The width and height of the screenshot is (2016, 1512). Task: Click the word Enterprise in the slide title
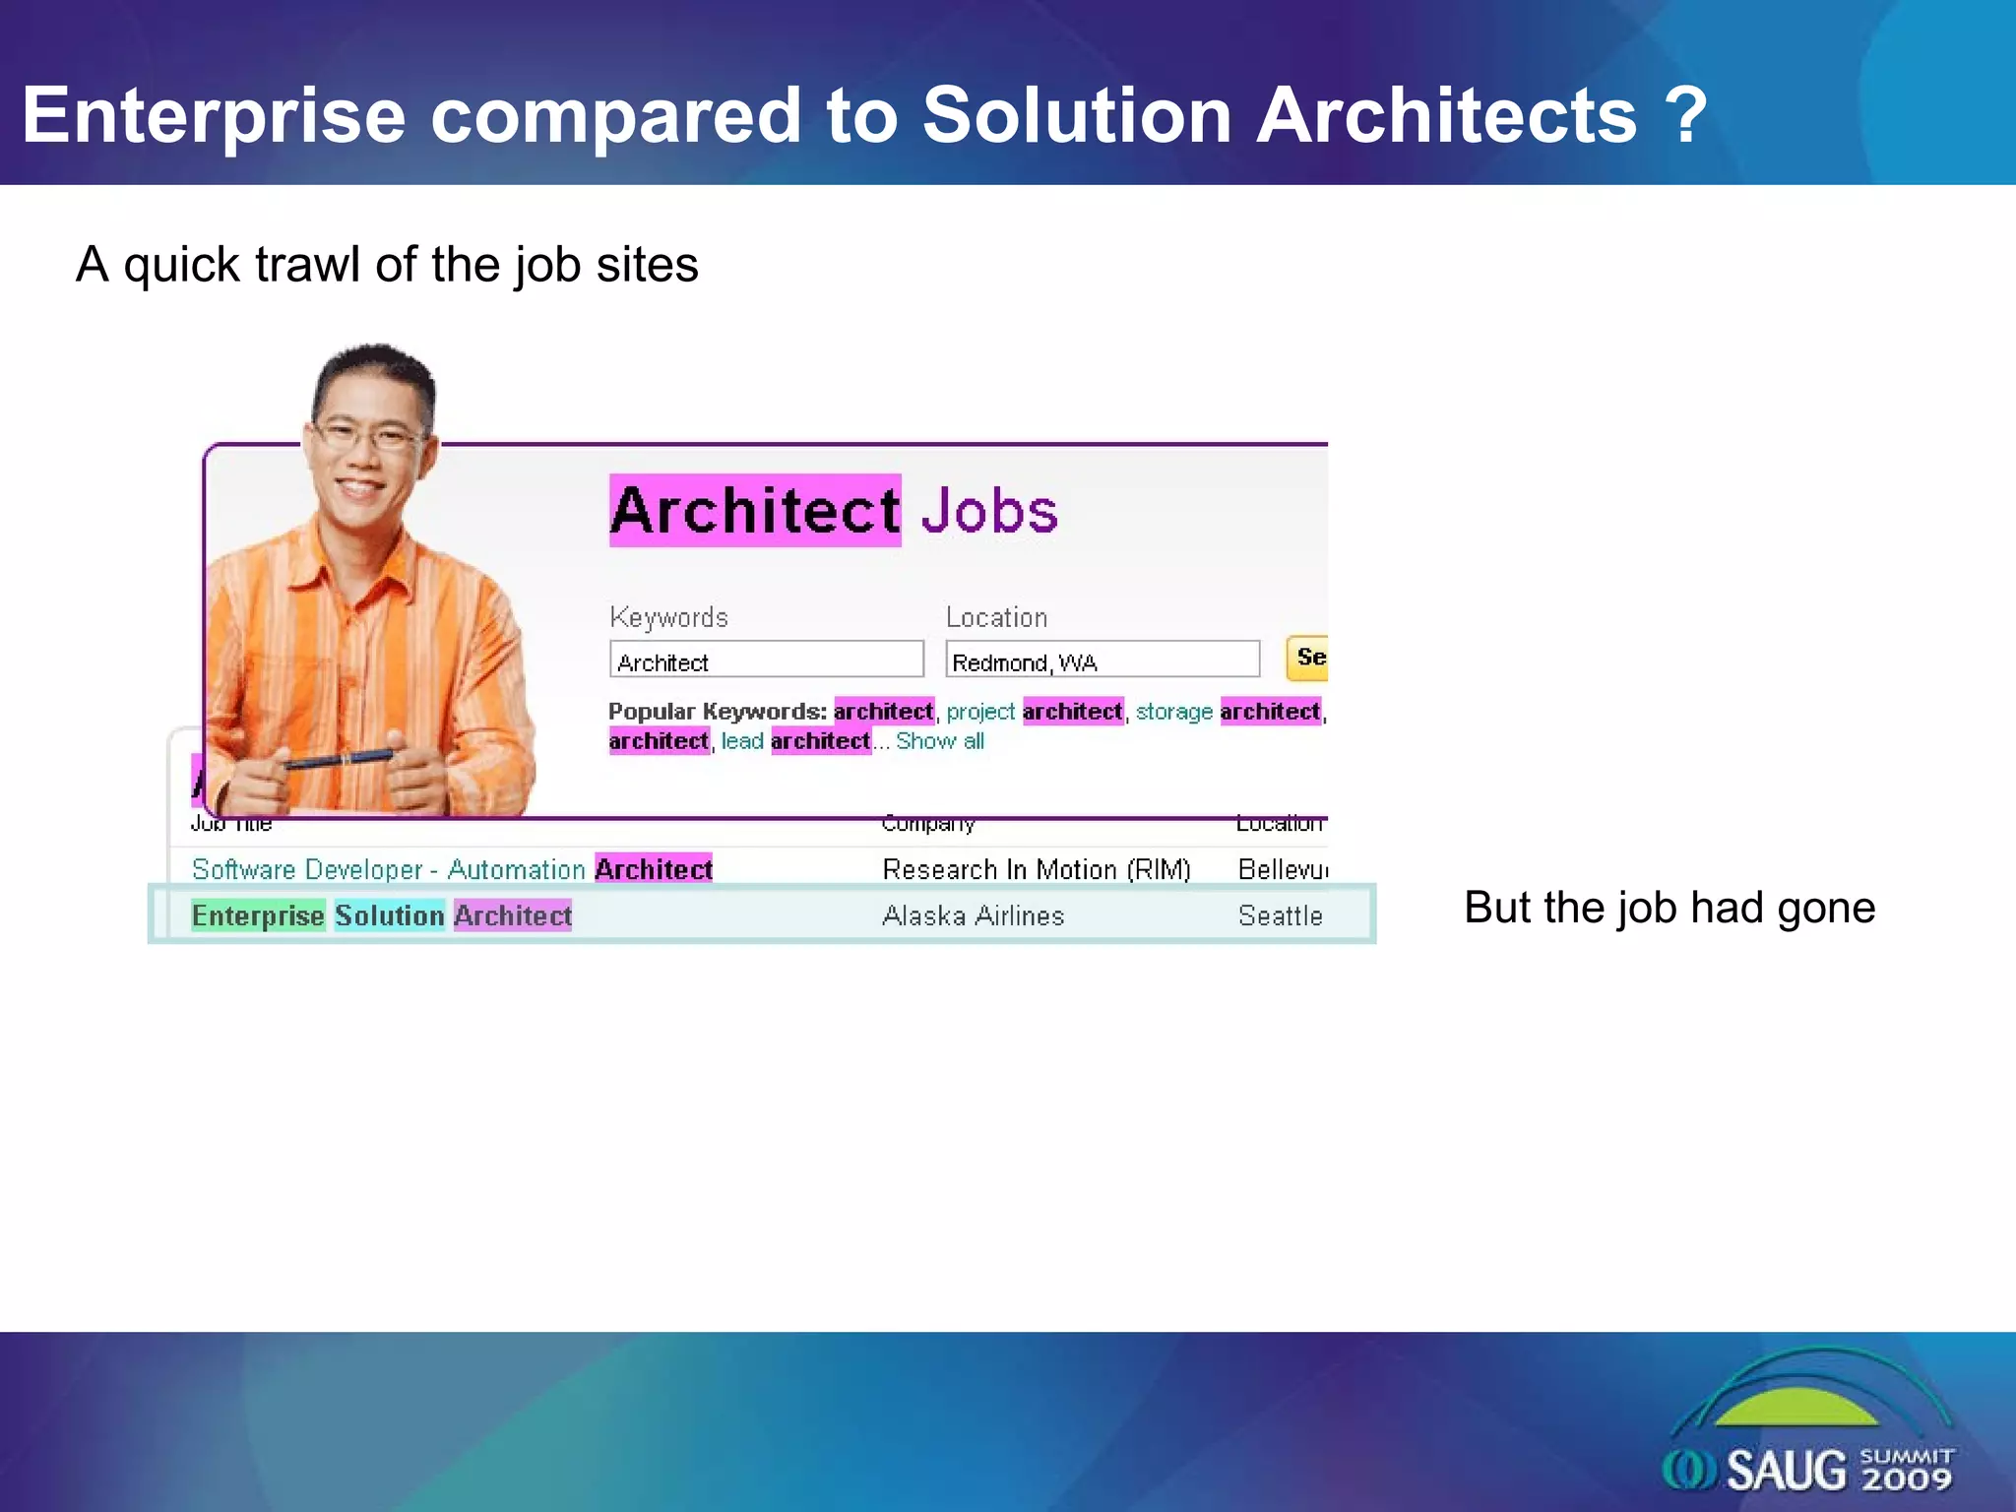click(214, 116)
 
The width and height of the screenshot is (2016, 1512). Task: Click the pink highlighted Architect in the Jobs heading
click(755, 511)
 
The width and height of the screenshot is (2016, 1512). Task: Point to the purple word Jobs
click(989, 511)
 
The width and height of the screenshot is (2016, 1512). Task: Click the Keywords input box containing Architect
click(766, 660)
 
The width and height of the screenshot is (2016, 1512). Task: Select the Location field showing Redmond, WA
click(1102, 660)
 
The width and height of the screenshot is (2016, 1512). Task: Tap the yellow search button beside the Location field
click(1308, 658)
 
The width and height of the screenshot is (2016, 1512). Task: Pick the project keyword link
click(979, 712)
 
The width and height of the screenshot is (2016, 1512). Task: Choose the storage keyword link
click(1173, 712)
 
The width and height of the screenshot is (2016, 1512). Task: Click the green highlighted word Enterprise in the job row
click(258, 915)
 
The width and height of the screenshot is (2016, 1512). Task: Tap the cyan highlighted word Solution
click(389, 915)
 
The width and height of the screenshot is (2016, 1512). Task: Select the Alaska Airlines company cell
click(973, 916)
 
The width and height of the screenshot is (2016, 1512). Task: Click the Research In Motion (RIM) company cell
click(1036, 870)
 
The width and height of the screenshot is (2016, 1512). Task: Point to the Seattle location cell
click(1280, 916)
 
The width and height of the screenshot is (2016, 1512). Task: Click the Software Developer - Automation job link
click(389, 870)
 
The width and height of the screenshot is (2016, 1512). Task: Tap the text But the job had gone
click(1669, 908)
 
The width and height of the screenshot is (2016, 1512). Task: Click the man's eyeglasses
click(367, 434)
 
